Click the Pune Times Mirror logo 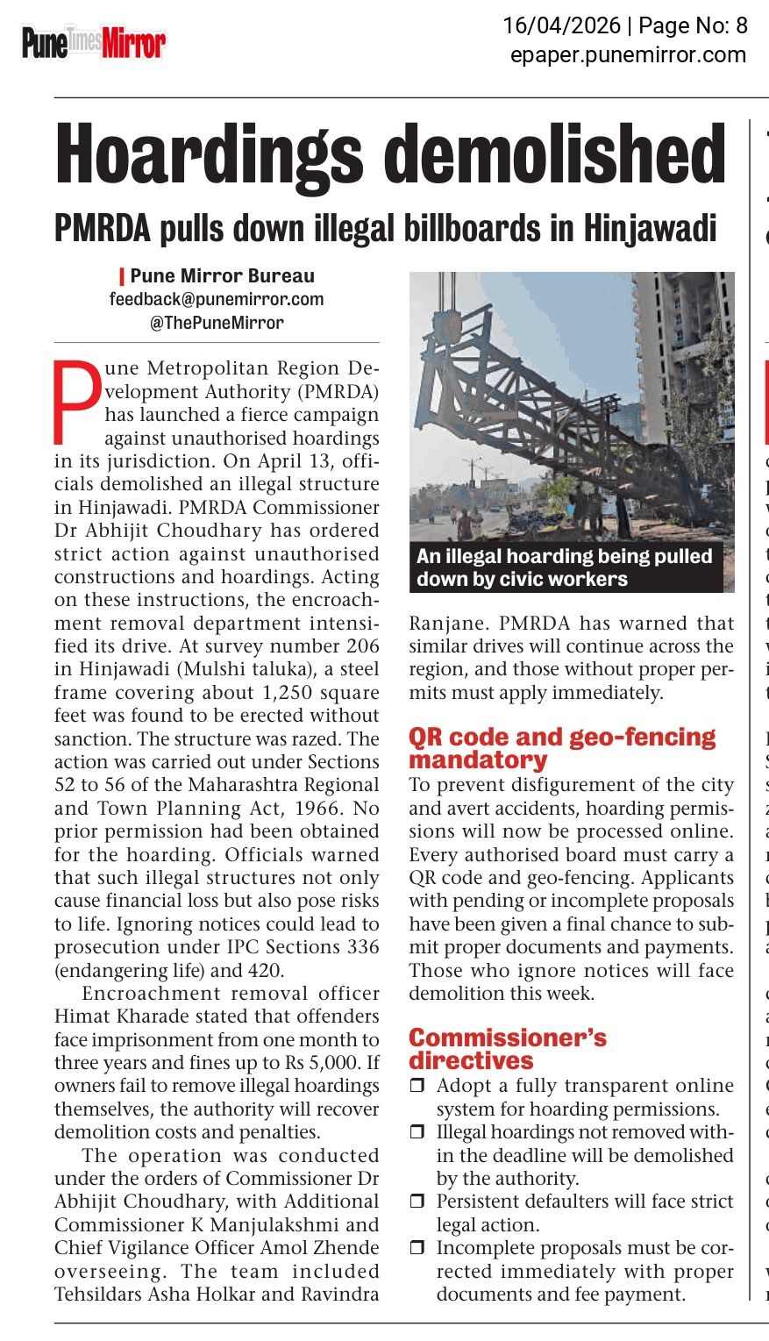(x=94, y=42)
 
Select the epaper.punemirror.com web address (x=628, y=54)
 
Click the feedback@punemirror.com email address (x=217, y=299)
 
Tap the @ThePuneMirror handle (x=217, y=322)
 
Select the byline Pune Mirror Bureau (x=222, y=276)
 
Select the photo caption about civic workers (x=565, y=567)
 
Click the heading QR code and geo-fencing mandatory (x=562, y=747)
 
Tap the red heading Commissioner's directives (x=508, y=1049)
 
